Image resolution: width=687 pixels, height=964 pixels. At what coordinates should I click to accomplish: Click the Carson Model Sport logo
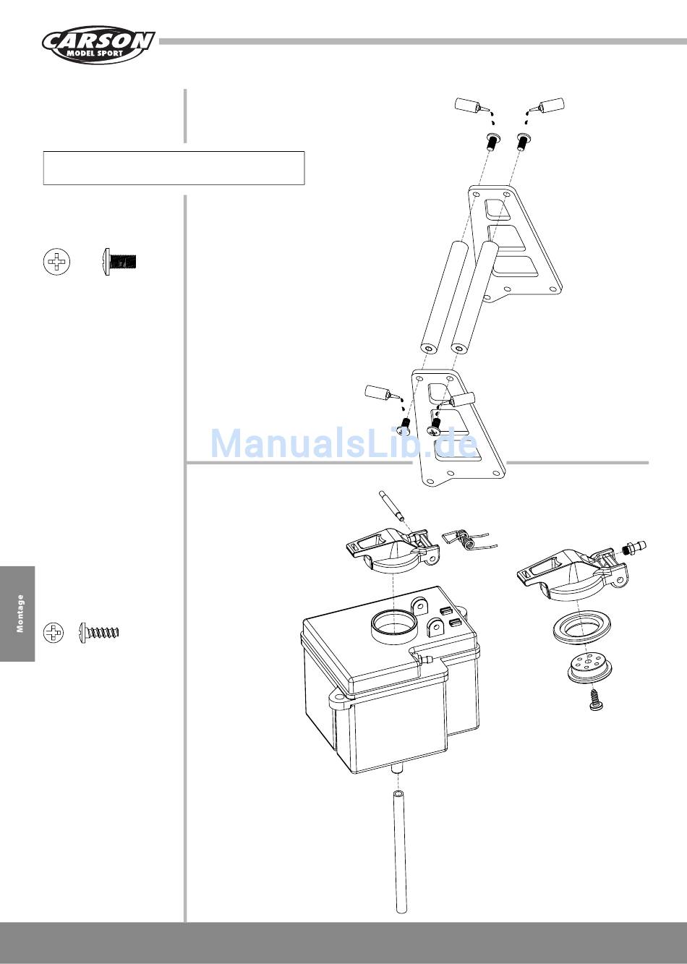tap(98, 44)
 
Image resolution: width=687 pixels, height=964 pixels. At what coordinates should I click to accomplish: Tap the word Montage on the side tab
tap(20, 614)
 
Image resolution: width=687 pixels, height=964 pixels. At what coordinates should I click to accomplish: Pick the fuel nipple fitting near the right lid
tap(634, 546)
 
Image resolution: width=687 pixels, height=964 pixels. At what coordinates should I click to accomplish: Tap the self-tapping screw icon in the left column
tap(100, 632)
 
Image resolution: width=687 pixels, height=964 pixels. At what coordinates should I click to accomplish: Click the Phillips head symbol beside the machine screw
tap(57, 261)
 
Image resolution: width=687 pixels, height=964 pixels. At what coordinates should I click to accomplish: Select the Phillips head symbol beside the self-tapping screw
tap(54, 632)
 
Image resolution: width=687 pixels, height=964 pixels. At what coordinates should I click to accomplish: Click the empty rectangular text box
tap(174, 169)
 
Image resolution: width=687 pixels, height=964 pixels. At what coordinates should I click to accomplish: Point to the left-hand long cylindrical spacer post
tap(442, 297)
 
